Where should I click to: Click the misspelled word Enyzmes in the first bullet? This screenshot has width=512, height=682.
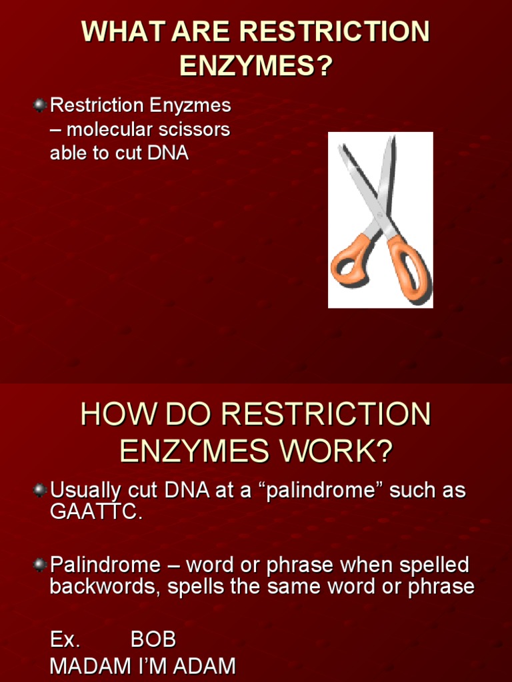coord(199,105)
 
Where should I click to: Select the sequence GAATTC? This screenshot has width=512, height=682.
coord(95,513)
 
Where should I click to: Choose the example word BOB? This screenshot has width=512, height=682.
coord(153,640)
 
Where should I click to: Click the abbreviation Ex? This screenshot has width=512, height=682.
coord(65,640)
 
